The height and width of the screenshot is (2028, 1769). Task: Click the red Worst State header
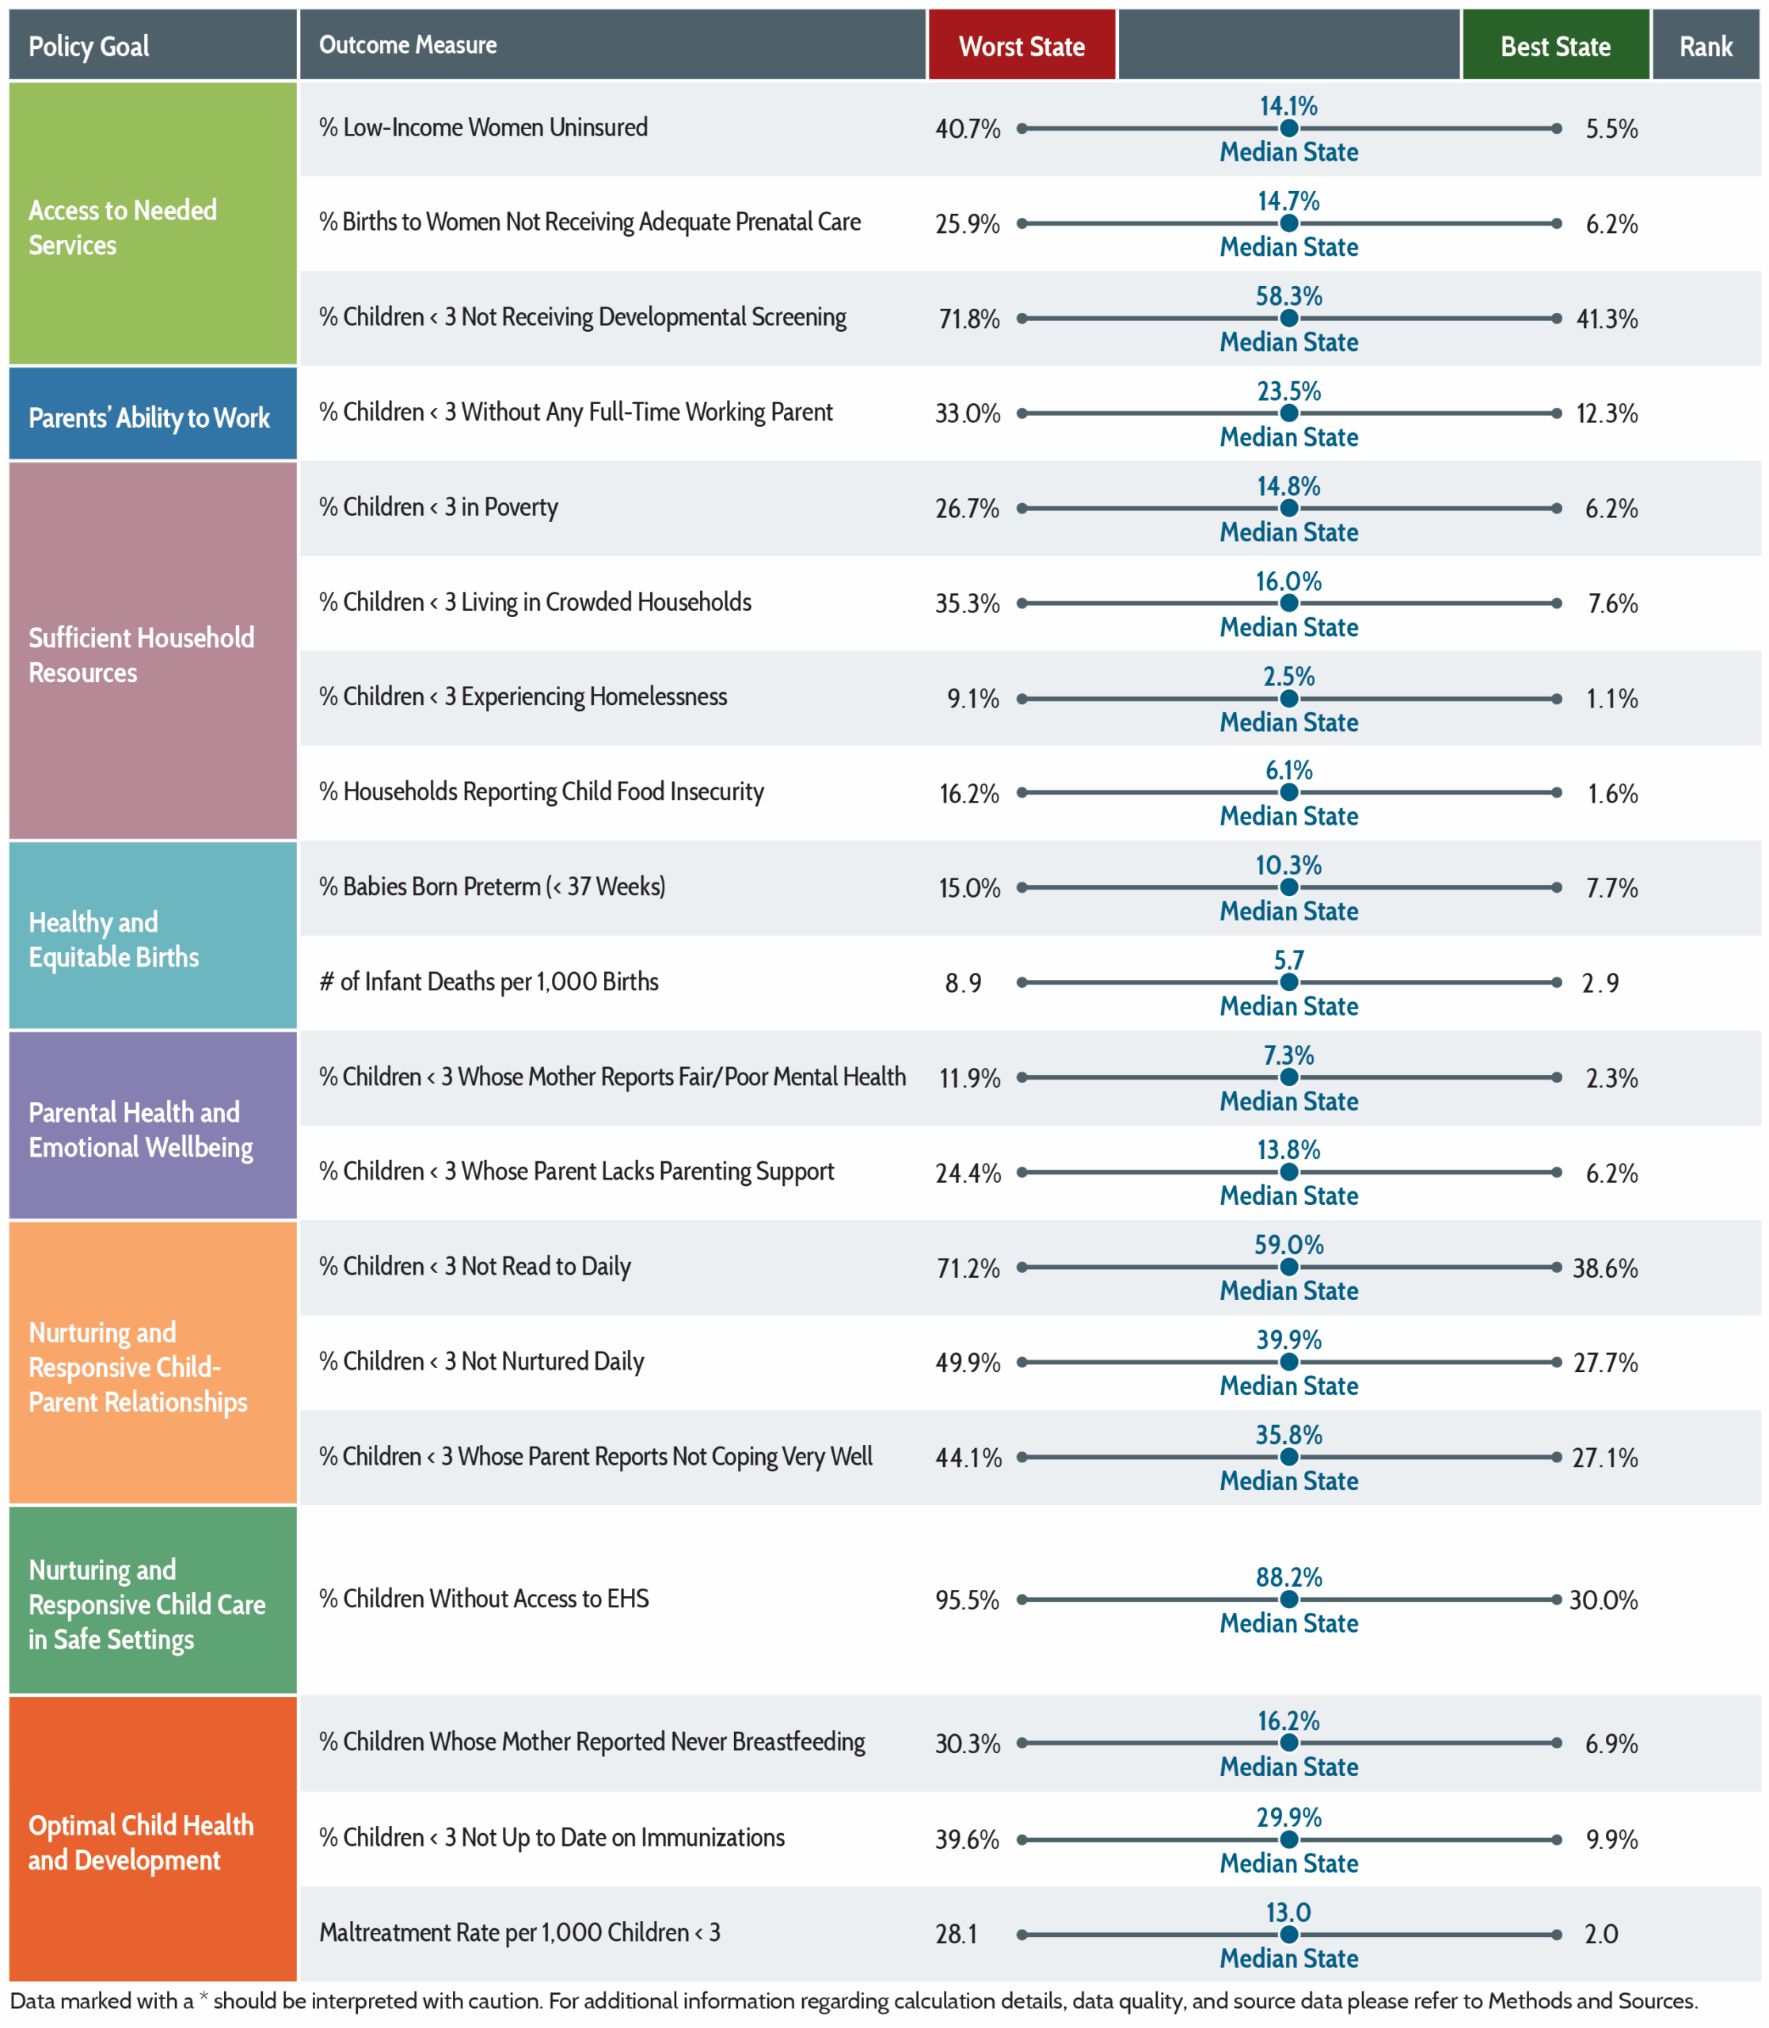[x=1021, y=45]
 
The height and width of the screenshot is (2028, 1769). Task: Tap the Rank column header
[x=1706, y=45]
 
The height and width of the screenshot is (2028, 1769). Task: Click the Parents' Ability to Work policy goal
[x=149, y=417]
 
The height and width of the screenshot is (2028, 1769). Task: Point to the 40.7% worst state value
[x=968, y=129]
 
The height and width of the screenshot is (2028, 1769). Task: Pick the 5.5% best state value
[x=1611, y=129]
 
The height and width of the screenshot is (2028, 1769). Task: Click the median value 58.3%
[x=1288, y=296]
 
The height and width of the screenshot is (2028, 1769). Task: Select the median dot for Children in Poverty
[x=1288, y=509]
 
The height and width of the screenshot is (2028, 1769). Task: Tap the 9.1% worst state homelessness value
[x=973, y=699]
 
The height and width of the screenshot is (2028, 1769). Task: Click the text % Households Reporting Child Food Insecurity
[x=541, y=792]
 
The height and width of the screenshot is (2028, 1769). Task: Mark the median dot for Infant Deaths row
[x=1288, y=982]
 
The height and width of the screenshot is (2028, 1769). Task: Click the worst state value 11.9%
[x=969, y=1078]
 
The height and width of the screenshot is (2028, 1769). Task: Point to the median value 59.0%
[x=1288, y=1245]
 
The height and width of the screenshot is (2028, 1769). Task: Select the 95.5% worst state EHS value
[x=968, y=1600]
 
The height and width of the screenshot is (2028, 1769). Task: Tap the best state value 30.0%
[x=1604, y=1600]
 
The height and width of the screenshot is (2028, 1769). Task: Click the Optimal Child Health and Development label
[x=141, y=1843]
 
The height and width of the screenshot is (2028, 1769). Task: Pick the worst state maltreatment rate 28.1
[x=957, y=1935]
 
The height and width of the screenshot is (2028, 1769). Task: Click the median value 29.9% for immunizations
[x=1288, y=1818]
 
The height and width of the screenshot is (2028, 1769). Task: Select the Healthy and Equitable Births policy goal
[x=113, y=940]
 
